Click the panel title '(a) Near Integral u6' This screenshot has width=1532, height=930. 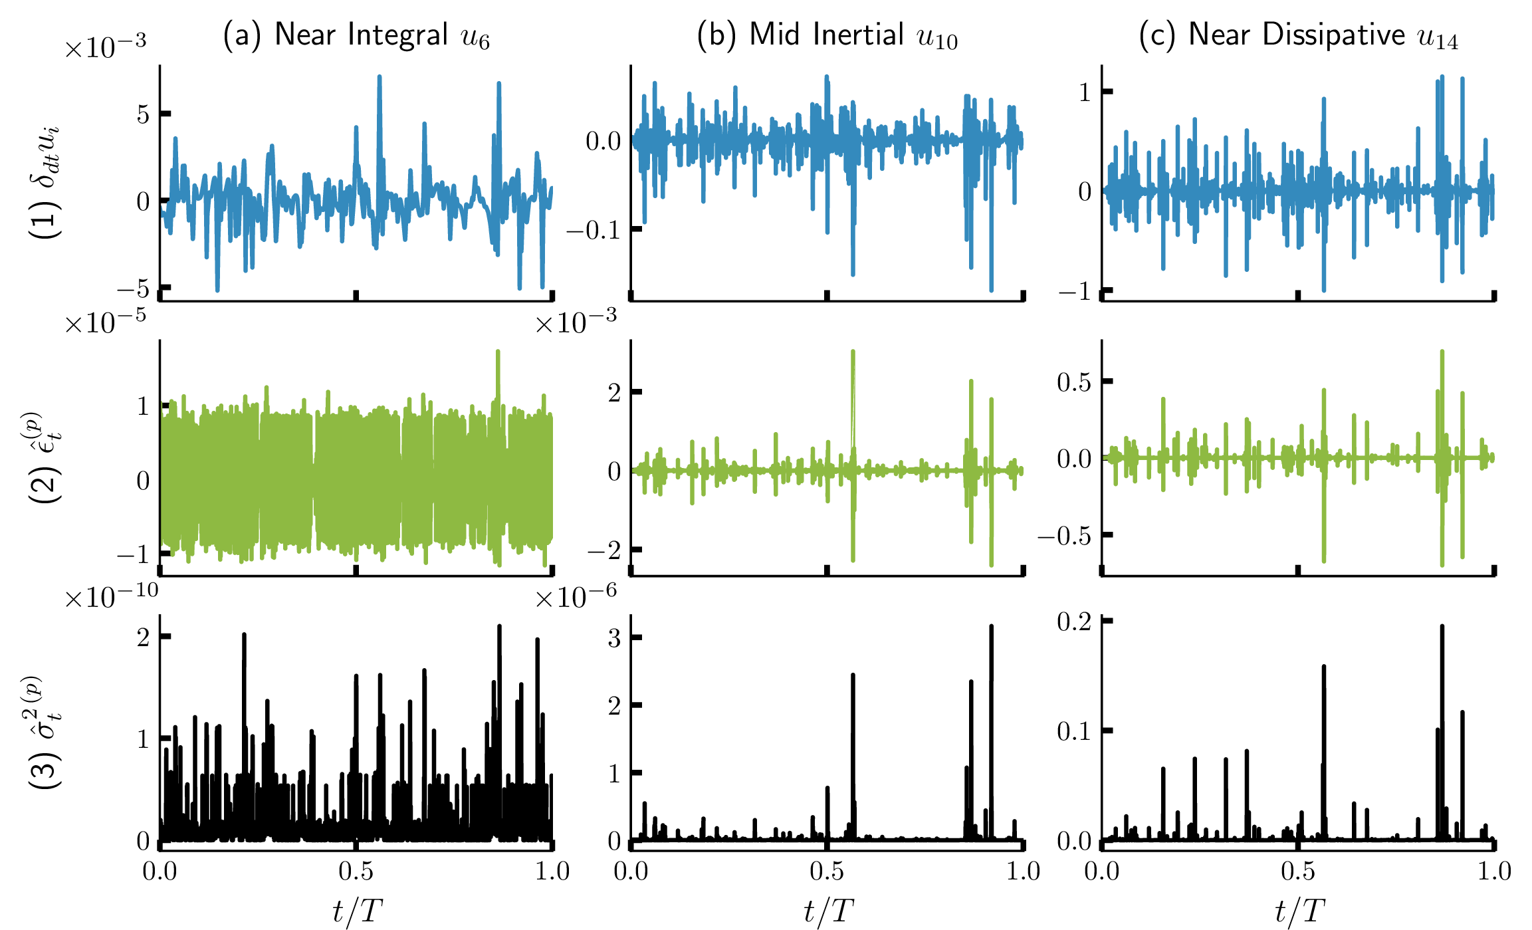pyautogui.click(x=356, y=35)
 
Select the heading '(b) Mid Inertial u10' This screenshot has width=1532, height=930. pyautogui.click(x=827, y=35)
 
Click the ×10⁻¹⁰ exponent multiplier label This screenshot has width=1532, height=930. pyautogui.click(x=111, y=597)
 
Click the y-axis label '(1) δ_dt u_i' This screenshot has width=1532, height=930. pyautogui.click(x=45, y=181)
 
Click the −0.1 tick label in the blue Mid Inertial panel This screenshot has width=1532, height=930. pyautogui.click(x=594, y=230)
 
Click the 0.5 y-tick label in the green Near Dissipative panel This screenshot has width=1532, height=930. pyautogui.click(x=1074, y=382)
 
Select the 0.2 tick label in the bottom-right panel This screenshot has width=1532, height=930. pyautogui.click(x=1074, y=622)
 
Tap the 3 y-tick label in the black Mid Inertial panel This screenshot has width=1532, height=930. pyautogui.click(x=614, y=638)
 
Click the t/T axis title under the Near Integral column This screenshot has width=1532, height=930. pyautogui.click(x=357, y=910)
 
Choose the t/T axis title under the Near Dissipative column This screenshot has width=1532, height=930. pyautogui.click(x=1299, y=910)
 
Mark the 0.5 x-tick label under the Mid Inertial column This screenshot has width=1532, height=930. pyautogui.click(x=827, y=871)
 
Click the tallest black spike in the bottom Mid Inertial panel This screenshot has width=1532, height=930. pyautogui.click(x=991, y=627)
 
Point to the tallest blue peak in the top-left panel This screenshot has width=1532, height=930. pyautogui.click(x=380, y=77)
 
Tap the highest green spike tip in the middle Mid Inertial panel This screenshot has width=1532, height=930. pyautogui.click(x=853, y=352)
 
